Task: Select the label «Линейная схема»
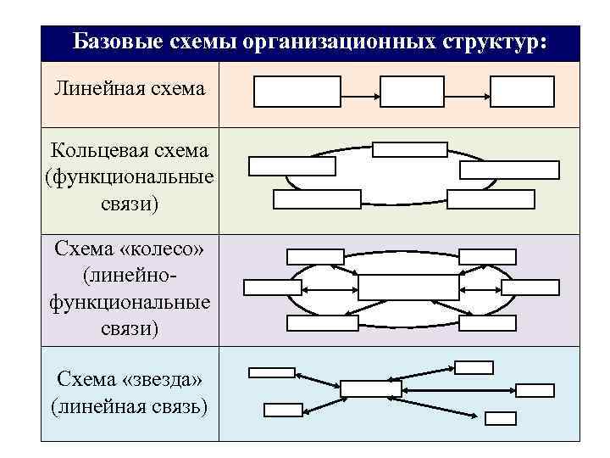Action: tap(129, 88)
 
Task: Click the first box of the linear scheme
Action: tap(286, 92)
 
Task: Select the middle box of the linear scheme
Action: tap(411, 92)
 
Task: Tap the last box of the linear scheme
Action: tap(522, 92)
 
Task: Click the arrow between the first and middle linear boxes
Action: tap(348, 92)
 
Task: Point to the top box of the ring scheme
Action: tap(410, 149)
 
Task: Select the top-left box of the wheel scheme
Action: tap(315, 256)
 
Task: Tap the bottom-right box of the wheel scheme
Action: tap(485, 322)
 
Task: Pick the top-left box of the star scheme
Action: tap(270, 371)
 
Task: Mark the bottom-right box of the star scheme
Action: tap(501, 417)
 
